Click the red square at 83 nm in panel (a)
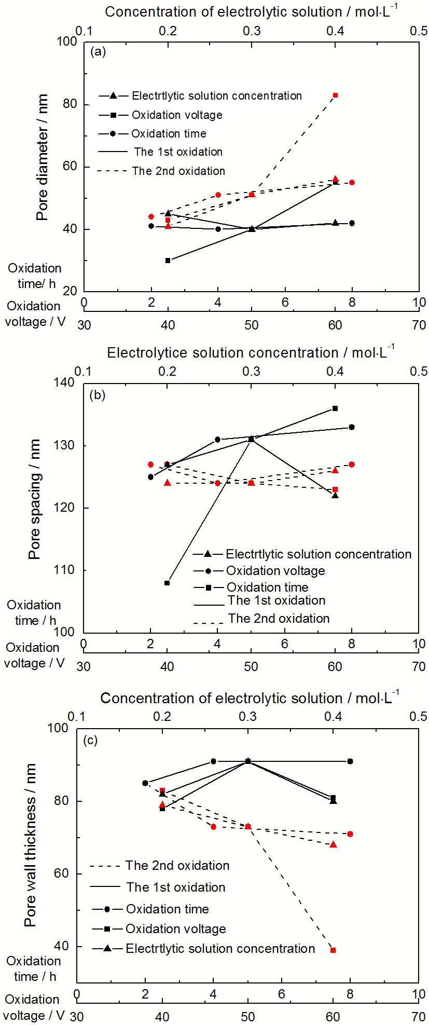pyautogui.click(x=336, y=95)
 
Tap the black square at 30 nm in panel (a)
pyautogui.click(x=168, y=260)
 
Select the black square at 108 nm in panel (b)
pyautogui.click(x=167, y=583)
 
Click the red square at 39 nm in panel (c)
pyautogui.click(x=333, y=950)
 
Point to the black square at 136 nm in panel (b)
pyautogui.click(x=335, y=408)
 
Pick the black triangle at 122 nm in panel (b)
pyautogui.click(x=335, y=495)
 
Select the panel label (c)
pyautogui.click(x=91, y=740)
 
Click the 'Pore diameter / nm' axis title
pyautogui.click(x=42, y=157)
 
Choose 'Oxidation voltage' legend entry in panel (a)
pyautogui.click(x=177, y=115)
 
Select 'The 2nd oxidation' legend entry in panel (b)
pyautogui.click(x=279, y=619)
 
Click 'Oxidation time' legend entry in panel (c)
pyautogui.click(x=167, y=909)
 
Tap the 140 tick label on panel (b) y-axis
pyautogui.click(x=65, y=383)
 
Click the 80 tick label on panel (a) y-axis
pyautogui.click(x=70, y=104)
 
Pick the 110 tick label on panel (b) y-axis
pyautogui.click(x=65, y=570)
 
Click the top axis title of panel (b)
pyautogui.click(x=251, y=352)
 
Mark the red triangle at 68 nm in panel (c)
pyautogui.click(x=333, y=844)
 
